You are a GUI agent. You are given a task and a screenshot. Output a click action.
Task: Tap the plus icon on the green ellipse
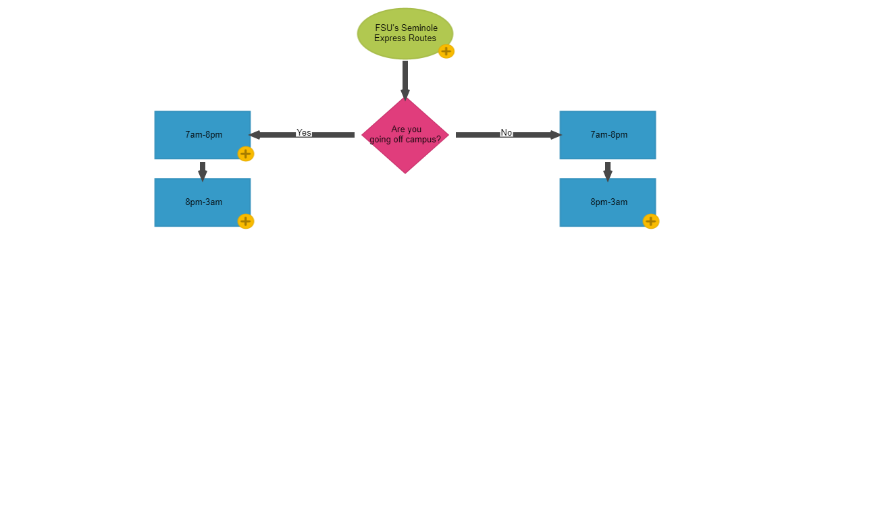click(x=446, y=51)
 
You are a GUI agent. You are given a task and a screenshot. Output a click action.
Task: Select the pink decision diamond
click(x=405, y=152)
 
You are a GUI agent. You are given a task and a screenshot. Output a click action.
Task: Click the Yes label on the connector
click(x=304, y=132)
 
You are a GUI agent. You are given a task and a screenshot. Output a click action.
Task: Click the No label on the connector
click(x=507, y=132)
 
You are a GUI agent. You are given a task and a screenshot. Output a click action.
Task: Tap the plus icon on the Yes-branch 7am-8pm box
click(x=246, y=154)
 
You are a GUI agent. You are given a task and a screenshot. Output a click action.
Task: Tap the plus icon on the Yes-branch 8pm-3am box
click(x=246, y=221)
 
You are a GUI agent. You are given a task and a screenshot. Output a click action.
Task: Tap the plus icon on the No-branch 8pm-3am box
click(x=651, y=221)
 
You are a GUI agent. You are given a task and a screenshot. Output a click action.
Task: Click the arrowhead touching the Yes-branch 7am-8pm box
click(x=256, y=135)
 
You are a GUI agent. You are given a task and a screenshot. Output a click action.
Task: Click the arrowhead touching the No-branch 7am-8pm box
click(x=555, y=135)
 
